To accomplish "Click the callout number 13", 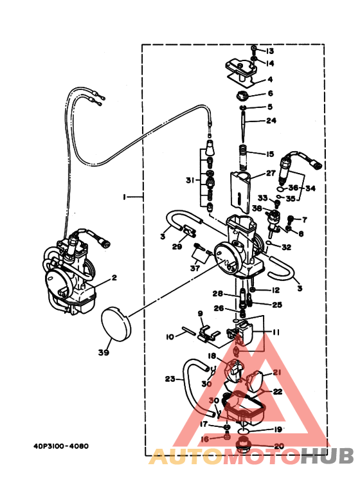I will [270, 51].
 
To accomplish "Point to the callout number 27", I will [270, 173].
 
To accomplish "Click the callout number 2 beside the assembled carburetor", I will [114, 278].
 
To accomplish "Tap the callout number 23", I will [170, 379].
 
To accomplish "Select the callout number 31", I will [189, 180].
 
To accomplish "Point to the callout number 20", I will [278, 446].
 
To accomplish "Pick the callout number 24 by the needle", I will [271, 120].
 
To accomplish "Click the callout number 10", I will [170, 336].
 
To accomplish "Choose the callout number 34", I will [310, 189].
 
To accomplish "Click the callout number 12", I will [275, 290].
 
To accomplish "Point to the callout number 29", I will [177, 246].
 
